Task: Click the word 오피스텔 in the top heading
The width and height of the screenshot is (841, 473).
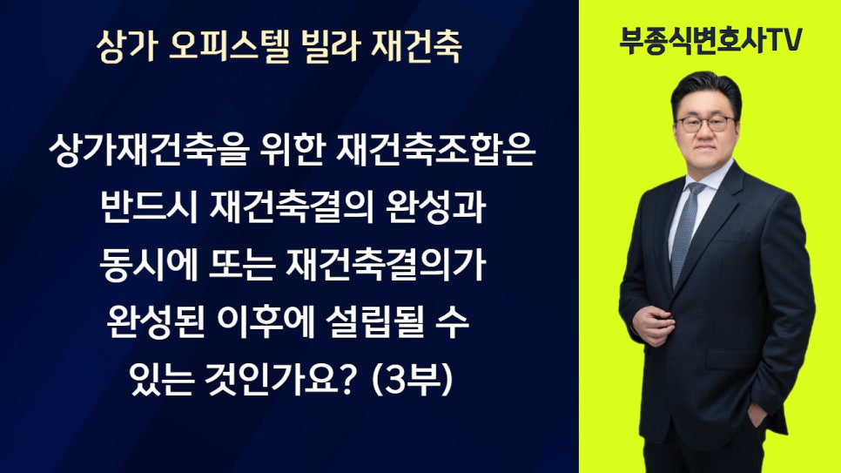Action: (229, 46)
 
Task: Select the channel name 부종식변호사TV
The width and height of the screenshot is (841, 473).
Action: (710, 40)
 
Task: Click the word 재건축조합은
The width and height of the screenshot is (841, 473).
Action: (436, 150)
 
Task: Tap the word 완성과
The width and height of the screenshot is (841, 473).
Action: (436, 207)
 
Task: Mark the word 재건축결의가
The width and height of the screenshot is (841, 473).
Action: (386, 265)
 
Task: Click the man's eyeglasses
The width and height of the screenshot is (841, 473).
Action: (704, 124)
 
